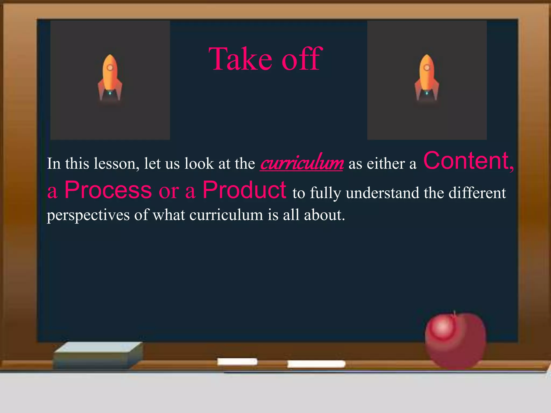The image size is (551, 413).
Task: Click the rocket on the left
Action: [110, 78]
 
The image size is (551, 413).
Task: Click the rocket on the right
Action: [427, 78]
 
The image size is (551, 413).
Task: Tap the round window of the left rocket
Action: [110, 67]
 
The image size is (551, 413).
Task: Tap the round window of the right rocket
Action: [427, 67]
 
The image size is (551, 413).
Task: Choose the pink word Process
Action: [108, 190]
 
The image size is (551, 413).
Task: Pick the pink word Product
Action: [244, 190]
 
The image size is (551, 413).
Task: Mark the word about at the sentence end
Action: [324, 215]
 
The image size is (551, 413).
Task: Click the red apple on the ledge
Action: [455, 341]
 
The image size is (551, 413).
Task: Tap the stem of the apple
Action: [454, 314]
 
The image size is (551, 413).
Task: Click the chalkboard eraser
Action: [98, 355]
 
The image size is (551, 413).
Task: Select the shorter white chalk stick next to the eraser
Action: [237, 362]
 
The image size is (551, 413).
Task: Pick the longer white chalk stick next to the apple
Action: [316, 364]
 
